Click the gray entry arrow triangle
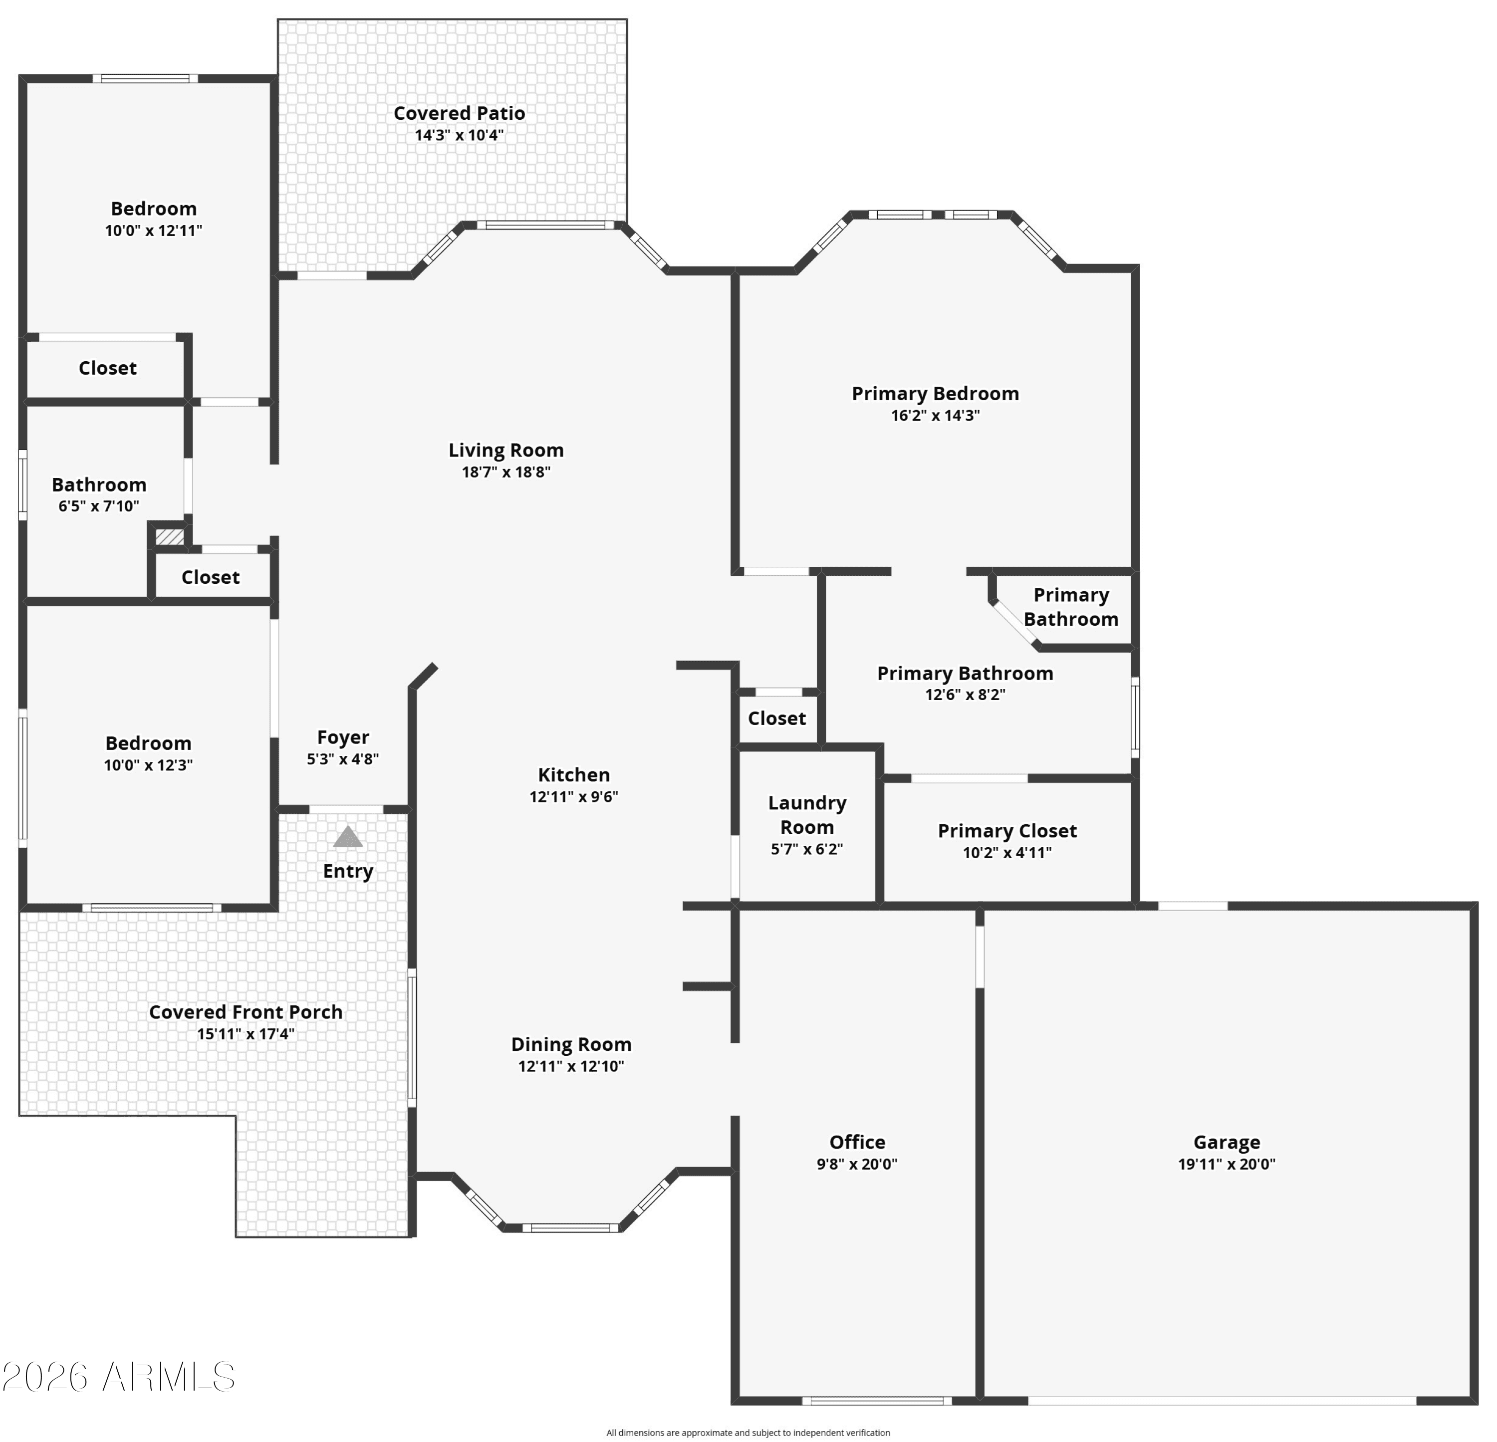click(x=348, y=837)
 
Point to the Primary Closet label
click(x=1007, y=830)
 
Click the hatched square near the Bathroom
click(x=170, y=537)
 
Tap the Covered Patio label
click(x=459, y=113)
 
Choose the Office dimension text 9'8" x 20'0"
click(x=857, y=1164)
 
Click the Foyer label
click(x=343, y=738)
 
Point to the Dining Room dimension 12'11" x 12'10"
click(x=571, y=1066)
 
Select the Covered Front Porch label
click(x=246, y=1012)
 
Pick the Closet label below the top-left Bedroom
click(x=108, y=368)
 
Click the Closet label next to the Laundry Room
click(x=777, y=718)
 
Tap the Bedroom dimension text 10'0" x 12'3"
click(x=148, y=765)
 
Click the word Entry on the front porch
click(x=348, y=872)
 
